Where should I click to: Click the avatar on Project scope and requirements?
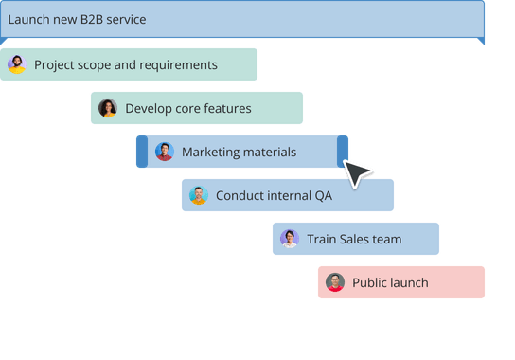coord(17,64)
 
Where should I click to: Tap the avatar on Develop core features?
coord(108,108)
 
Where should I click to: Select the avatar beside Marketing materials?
coord(165,152)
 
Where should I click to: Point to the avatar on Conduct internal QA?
coord(199,195)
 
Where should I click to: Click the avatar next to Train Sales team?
coord(290,239)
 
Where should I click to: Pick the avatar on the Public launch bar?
coord(335,282)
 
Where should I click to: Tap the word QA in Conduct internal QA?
coord(325,196)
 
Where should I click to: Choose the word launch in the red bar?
coord(409,283)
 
